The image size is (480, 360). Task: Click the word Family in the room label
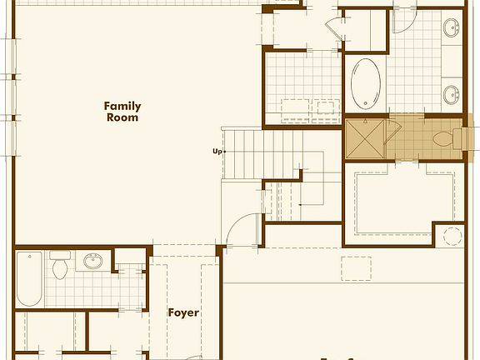[x=122, y=106]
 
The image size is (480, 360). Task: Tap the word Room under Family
[x=122, y=117]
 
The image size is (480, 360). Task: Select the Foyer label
[x=183, y=312]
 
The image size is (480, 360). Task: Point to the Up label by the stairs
[x=217, y=152]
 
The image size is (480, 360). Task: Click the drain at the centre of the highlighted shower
[x=367, y=137]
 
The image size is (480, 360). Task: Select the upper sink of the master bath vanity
[x=452, y=31]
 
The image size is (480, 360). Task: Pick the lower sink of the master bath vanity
[x=452, y=93]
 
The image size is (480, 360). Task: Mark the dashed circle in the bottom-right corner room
[x=454, y=235]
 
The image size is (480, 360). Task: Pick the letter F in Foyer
[x=171, y=312]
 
